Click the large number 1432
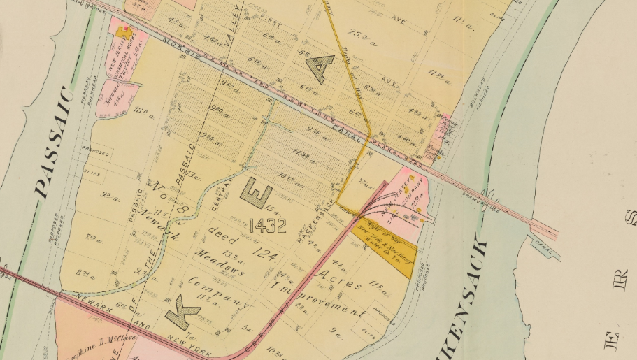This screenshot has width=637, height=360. coord(267,226)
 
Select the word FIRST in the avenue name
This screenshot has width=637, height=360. coord(271,23)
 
